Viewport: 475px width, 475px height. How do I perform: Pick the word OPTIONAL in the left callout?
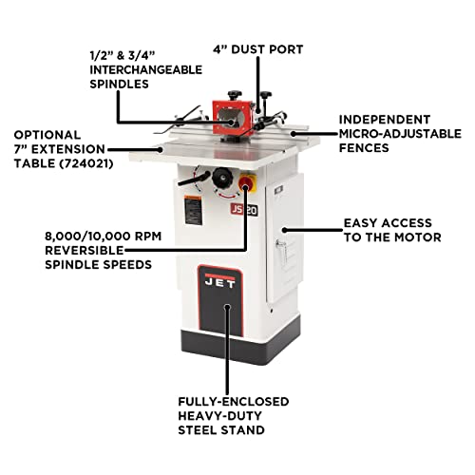pos(48,135)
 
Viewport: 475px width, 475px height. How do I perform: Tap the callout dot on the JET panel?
pos(227,306)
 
